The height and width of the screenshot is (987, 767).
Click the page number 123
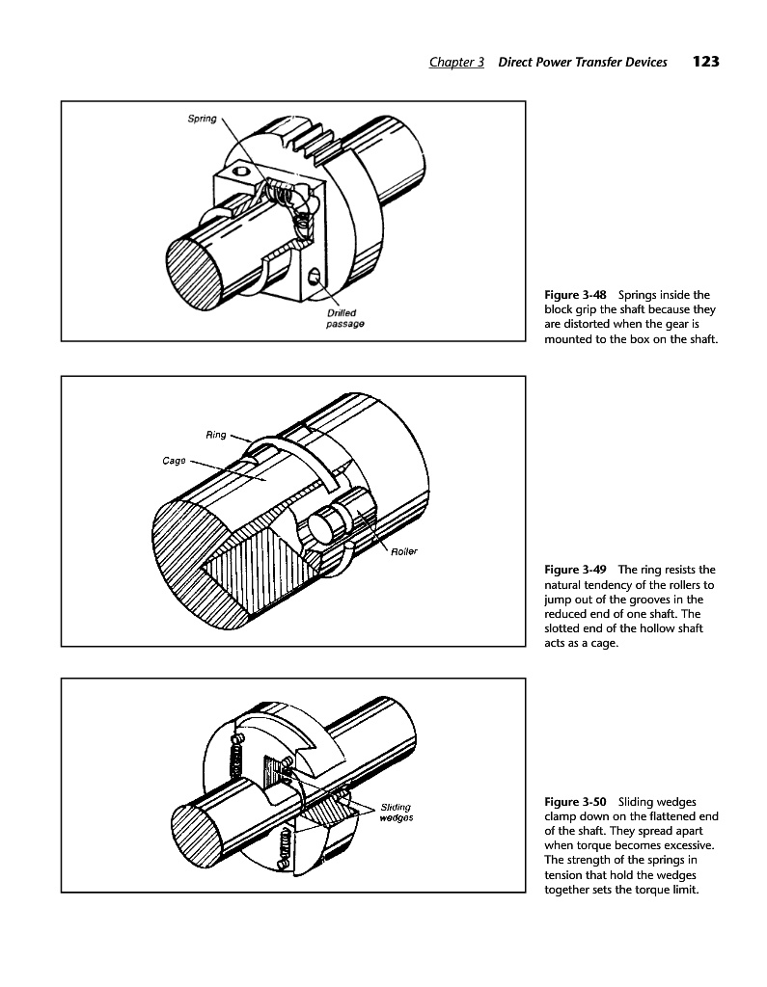706,61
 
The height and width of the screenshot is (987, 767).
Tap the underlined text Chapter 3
457,62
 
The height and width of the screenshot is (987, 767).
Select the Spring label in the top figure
202,119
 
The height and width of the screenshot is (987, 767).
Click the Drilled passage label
344,318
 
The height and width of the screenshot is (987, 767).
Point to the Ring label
215,435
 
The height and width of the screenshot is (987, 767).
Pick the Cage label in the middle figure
174,461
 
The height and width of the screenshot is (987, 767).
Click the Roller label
404,551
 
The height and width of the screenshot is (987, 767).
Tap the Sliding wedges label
397,812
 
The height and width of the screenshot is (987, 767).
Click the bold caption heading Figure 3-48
575,295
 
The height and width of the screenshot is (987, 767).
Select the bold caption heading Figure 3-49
575,570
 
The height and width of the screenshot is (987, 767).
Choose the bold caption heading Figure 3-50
575,802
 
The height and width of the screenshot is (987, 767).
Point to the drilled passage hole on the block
314,276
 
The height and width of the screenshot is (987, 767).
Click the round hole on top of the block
239,170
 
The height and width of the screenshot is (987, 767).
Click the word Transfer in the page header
602,62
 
